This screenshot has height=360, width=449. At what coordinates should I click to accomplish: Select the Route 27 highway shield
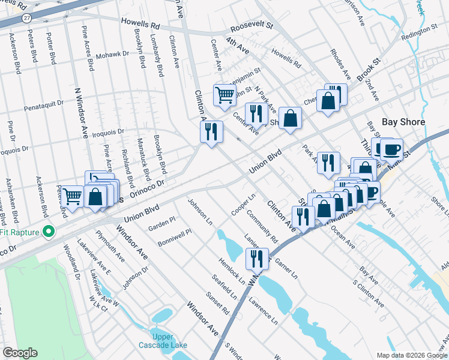click(x=26, y=19)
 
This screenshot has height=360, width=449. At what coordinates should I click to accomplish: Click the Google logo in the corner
click(x=20, y=353)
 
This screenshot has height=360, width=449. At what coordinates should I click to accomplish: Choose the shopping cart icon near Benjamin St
click(x=224, y=95)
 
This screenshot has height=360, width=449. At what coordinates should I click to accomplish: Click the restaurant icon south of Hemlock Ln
click(x=257, y=259)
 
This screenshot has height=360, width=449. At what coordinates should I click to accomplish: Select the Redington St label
click(x=419, y=30)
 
